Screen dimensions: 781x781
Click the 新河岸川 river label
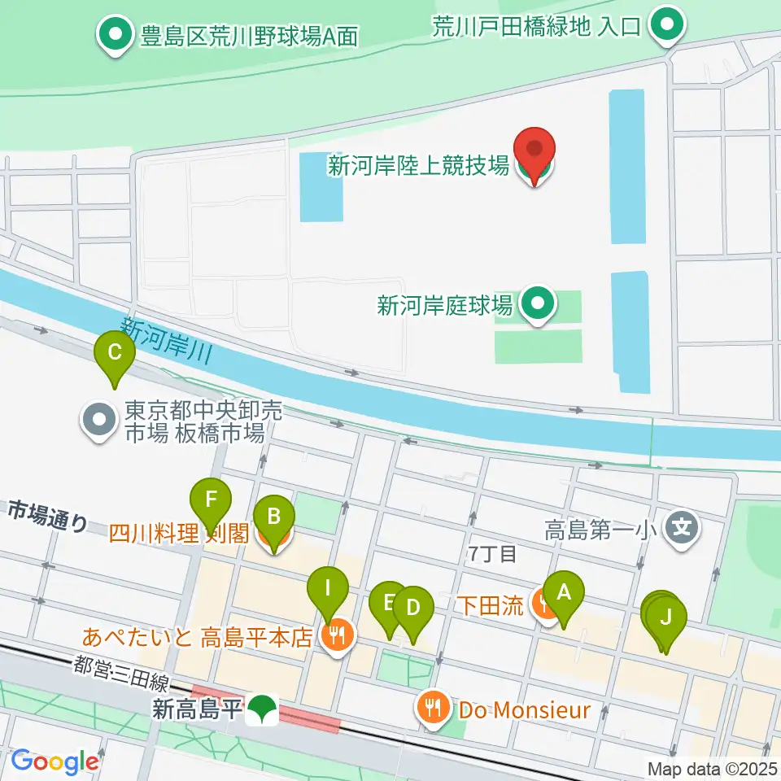click(x=166, y=340)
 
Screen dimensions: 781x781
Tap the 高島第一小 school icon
click(x=681, y=529)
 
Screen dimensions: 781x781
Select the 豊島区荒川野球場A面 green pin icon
click(x=116, y=36)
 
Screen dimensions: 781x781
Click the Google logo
click(x=55, y=761)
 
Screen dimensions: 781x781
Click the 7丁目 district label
click(x=493, y=554)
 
